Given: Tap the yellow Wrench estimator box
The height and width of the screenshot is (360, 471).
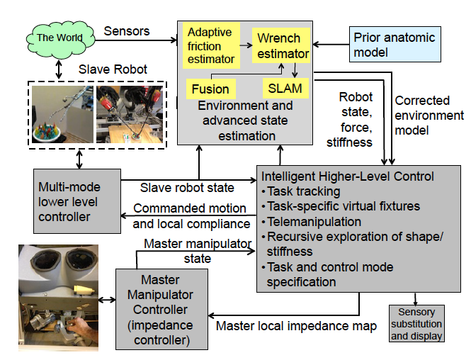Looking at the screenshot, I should tap(281, 45).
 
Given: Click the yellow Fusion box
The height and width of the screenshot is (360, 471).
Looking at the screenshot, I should tap(210, 89).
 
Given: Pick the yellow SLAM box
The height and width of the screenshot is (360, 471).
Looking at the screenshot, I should tap(285, 89).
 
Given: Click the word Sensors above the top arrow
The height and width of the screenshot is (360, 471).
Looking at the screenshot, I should tap(126, 30).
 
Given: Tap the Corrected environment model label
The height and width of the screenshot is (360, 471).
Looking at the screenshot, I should tap(429, 116).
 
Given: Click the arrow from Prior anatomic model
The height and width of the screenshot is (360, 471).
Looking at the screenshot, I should tap(331, 44).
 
